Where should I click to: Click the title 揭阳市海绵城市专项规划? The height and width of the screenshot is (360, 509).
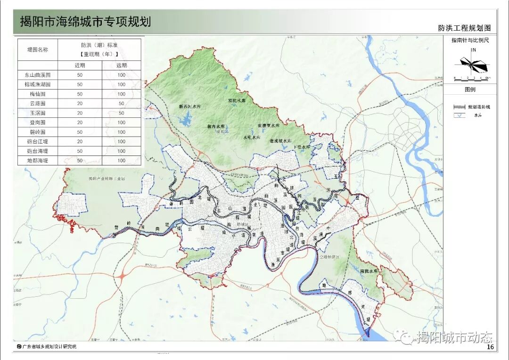[85, 22]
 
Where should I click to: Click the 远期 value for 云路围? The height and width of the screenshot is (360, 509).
[122, 104]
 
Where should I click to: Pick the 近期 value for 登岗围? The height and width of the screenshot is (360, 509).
[80, 123]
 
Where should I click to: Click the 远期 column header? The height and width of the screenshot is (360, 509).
[122, 65]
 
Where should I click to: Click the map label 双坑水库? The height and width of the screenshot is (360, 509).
[237, 100]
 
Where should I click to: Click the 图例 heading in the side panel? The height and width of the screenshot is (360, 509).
[470, 89]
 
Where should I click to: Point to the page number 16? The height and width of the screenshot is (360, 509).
[490, 347]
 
